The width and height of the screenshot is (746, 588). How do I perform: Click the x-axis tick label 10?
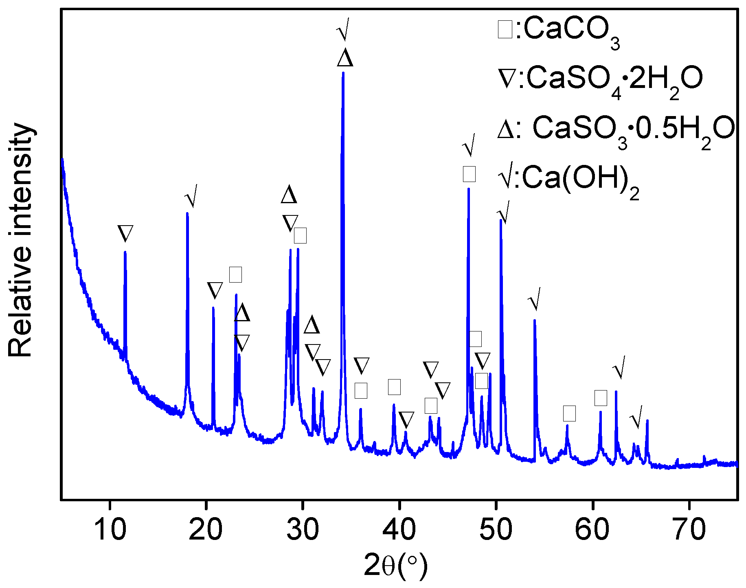[110, 529]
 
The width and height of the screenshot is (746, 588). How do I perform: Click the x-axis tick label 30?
[303, 529]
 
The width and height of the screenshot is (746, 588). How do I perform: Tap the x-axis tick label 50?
[496, 529]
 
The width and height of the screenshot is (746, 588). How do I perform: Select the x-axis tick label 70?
[689, 529]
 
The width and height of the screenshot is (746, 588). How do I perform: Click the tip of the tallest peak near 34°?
[343, 73]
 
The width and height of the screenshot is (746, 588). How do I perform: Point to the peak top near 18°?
[187, 213]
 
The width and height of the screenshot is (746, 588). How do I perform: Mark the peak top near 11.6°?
[125, 252]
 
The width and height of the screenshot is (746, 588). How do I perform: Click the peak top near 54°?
[534, 320]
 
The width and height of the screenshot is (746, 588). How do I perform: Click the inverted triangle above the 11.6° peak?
[125, 233]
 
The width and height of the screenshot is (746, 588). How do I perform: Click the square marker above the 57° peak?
[569, 413]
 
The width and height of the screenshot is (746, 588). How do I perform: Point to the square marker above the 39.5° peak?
[394, 387]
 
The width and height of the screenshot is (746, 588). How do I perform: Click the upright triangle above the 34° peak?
[345, 58]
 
